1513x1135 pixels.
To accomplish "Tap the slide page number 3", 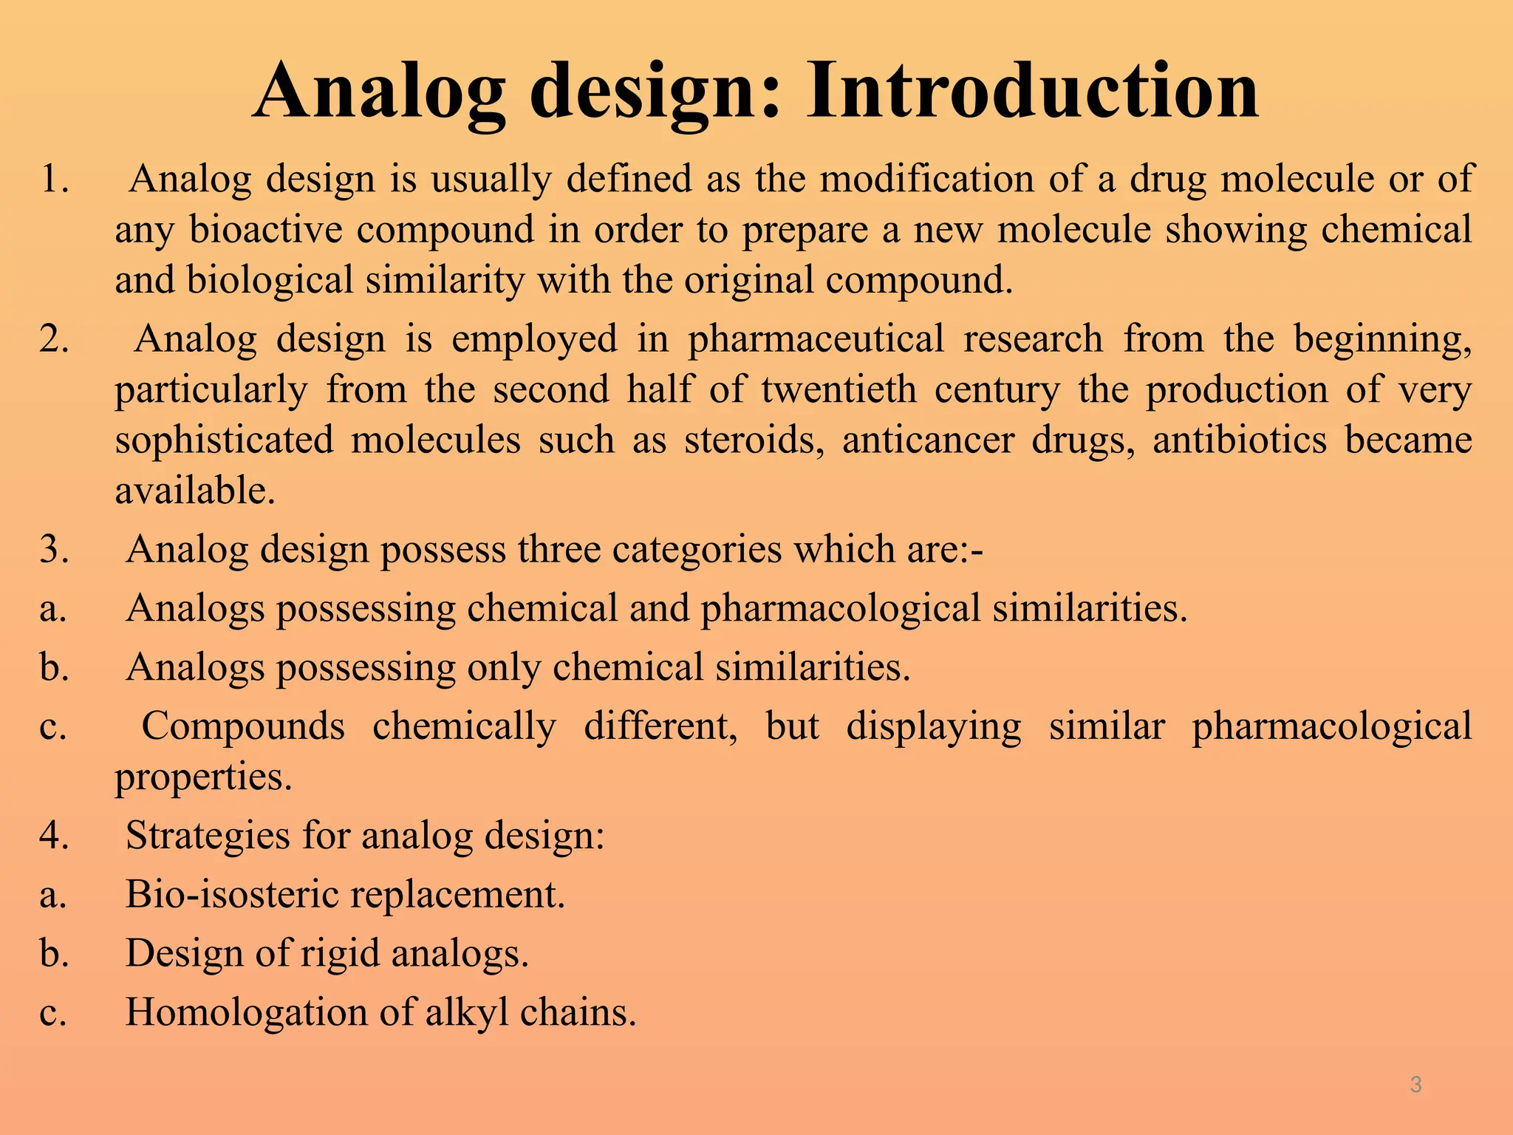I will tap(1415, 1085).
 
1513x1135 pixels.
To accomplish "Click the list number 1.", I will tap(54, 180).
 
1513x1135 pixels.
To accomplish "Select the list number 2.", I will tap(54, 339).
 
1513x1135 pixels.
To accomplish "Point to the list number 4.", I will tap(54, 836).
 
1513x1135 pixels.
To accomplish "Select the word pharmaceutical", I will tap(816, 339).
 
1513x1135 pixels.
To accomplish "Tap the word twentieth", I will tap(839, 389).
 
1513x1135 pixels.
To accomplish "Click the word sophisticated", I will tap(224, 440).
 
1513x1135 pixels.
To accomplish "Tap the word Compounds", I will tap(243, 726).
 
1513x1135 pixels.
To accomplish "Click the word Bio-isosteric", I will tap(231, 894).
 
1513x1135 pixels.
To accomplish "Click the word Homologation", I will tap(246, 1012).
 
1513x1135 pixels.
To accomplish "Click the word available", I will tap(195, 491).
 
